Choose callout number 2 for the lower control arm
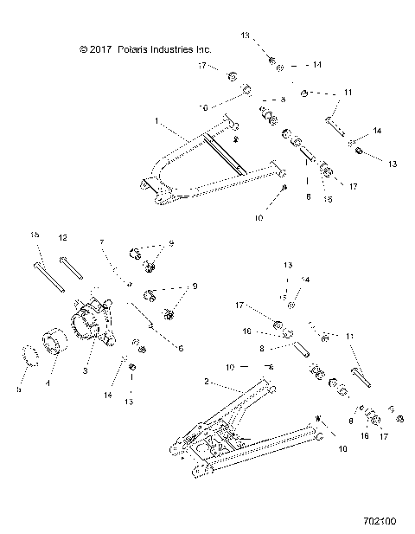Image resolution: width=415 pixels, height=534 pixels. click(x=206, y=382)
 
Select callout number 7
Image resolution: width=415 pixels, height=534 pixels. click(x=101, y=241)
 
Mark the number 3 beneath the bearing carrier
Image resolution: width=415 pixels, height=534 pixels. click(x=86, y=370)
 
